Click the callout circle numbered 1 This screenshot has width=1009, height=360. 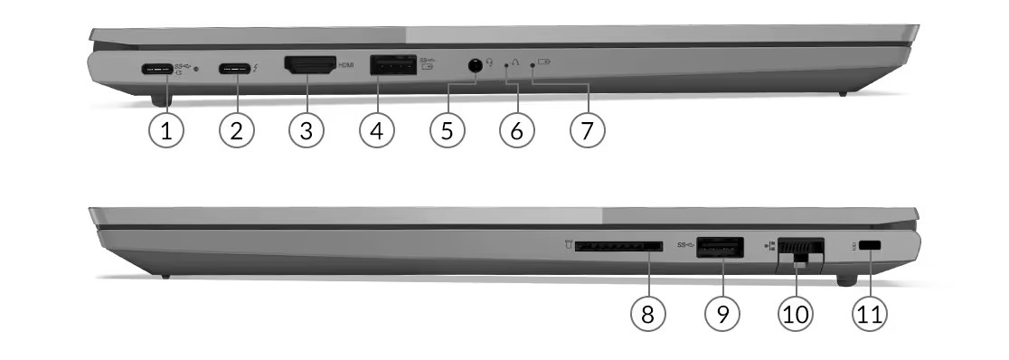coord(166,131)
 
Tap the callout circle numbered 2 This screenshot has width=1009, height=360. coord(237,131)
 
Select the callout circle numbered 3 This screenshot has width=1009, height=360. coord(306,131)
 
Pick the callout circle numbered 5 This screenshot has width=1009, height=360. coord(448,131)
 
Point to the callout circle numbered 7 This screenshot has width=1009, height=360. coord(588,131)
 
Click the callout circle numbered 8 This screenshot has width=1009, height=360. coord(648,314)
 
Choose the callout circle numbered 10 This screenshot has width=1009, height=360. coord(796,314)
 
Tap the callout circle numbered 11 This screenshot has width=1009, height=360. coord(870,314)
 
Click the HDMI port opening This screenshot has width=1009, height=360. coord(310,65)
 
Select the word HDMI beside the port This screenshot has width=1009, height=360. coord(346,66)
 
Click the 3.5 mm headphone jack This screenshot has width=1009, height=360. coord(475,65)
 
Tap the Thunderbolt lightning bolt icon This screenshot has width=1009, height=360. coord(256,67)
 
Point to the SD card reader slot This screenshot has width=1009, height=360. coord(618,246)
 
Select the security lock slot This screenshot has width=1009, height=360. coord(871,245)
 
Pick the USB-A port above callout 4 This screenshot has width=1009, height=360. coord(393,66)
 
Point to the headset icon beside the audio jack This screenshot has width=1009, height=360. coord(490,62)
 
